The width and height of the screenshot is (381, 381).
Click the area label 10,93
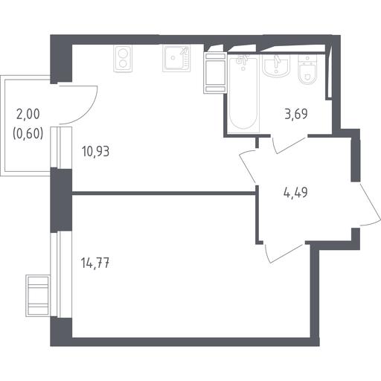pyautogui.click(x=95, y=151)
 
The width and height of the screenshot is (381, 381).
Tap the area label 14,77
pyautogui.click(x=95, y=263)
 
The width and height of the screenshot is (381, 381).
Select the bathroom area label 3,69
pyautogui.click(x=296, y=114)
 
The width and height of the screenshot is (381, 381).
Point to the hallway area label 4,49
pyautogui.click(x=295, y=192)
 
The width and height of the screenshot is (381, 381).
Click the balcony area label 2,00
pyautogui.click(x=28, y=115)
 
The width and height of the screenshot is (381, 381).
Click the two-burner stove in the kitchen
pyautogui.click(x=123, y=59)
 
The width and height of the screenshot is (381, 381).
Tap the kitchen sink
pyautogui.click(x=176, y=59)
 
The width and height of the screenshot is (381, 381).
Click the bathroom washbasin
pyautogui.click(x=276, y=65)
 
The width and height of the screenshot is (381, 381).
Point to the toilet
pyautogui.click(x=307, y=69)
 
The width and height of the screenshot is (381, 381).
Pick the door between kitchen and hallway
pyautogui.click(x=248, y=167)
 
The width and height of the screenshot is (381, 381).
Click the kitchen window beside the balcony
pyautogui.click(x=61, y=147)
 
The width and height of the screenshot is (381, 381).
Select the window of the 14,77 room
pyautogui.click(x=61, y=275)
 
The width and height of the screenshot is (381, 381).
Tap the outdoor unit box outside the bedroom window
pyautogui.click(x=38, y=295)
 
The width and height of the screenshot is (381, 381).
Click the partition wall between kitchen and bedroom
pyautogui.click(x=164, y=193)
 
